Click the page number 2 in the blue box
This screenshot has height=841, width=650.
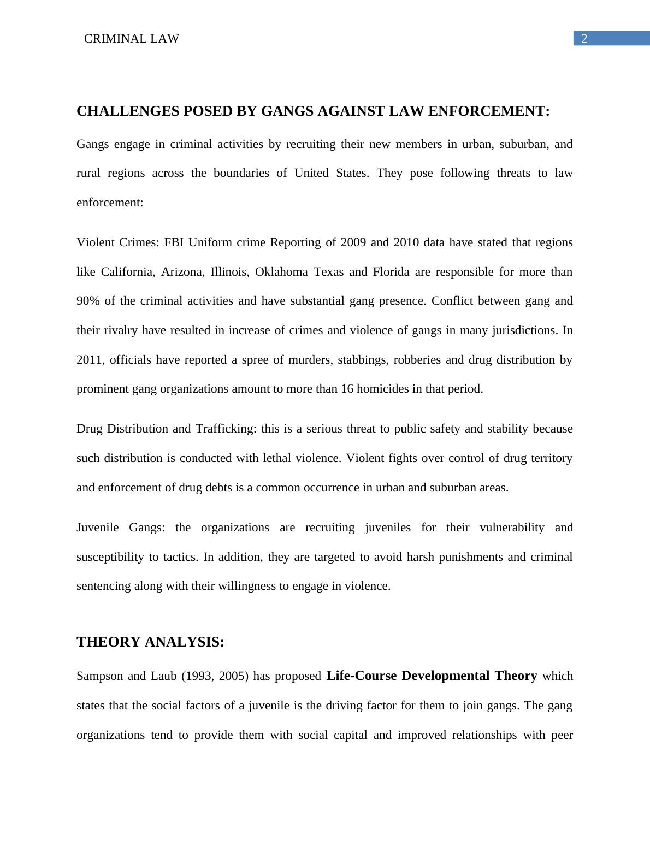click(x=584, y=39)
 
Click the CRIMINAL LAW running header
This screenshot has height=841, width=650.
click(x=132, y=39)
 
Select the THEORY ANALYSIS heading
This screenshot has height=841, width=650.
click(x=150, y=642)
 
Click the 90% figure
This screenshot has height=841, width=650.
click(x=88, y=301)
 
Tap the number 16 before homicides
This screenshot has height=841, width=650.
click(x=347, y=389)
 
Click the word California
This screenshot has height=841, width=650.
click(x=127, y=272)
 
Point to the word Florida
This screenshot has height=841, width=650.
click(x=391, y=272)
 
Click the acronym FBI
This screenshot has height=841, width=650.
click(x=174, y=242)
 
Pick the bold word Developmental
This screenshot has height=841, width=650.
click(x=445, y=676)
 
